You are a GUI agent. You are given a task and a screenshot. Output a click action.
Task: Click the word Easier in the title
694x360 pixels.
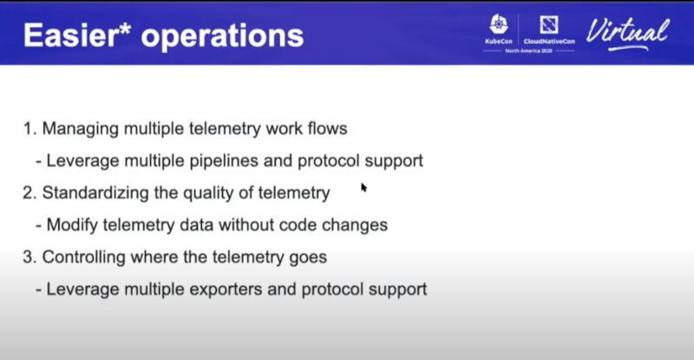tap(72, 36)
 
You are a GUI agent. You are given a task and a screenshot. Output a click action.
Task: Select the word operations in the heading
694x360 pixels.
tap(222, 37)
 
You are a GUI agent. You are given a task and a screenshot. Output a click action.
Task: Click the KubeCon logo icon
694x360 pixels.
tap(499, 24)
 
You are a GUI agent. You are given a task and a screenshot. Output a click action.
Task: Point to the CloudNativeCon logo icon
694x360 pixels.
tap(549, 25)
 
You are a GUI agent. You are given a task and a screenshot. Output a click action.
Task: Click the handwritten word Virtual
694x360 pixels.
tap(627, 34)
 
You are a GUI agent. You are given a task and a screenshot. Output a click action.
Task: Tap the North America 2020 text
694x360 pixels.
tap(528, 51)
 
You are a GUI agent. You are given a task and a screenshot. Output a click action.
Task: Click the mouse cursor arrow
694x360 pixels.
tap(363, 187)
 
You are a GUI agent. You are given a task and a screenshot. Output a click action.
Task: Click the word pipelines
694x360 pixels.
tap(224, 161)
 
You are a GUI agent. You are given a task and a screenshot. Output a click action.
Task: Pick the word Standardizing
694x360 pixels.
tap(95, 193)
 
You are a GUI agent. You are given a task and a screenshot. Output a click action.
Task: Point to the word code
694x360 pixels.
tap(296, 225)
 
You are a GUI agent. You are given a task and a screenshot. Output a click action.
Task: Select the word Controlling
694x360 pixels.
tap(83, 258)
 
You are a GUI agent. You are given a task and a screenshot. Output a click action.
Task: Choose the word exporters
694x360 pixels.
tap(226, 290)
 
